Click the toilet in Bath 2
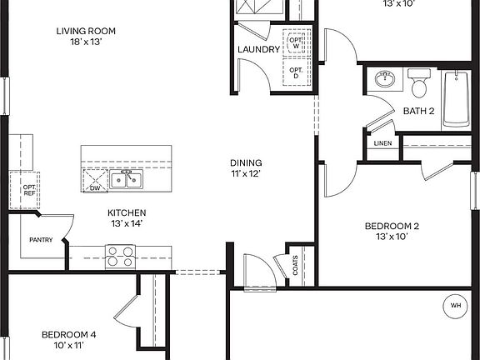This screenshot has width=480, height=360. click(418, 84)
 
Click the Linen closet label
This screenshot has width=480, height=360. click(383, 143)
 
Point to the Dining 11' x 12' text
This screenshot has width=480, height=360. click(246, 168)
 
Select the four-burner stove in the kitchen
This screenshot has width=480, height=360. click(119, 255)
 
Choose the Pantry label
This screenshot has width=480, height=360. click(41, 240)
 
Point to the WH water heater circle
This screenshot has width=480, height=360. click(456, 306)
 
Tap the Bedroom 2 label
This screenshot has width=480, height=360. click(392, 231)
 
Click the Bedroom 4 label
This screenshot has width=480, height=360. click(68, 339)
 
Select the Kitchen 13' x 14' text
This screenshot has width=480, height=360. click(127, 218)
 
